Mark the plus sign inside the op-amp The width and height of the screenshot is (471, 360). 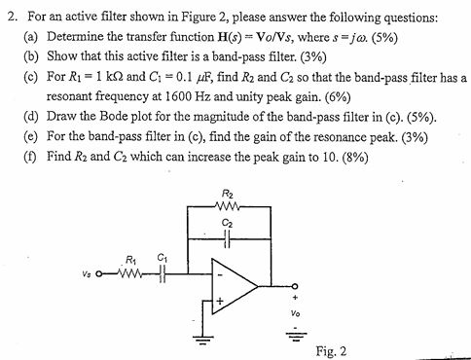pyautogui.click(x=220, y=302)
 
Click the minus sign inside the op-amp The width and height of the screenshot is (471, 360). pyautogui.click(x=220, y=275)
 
